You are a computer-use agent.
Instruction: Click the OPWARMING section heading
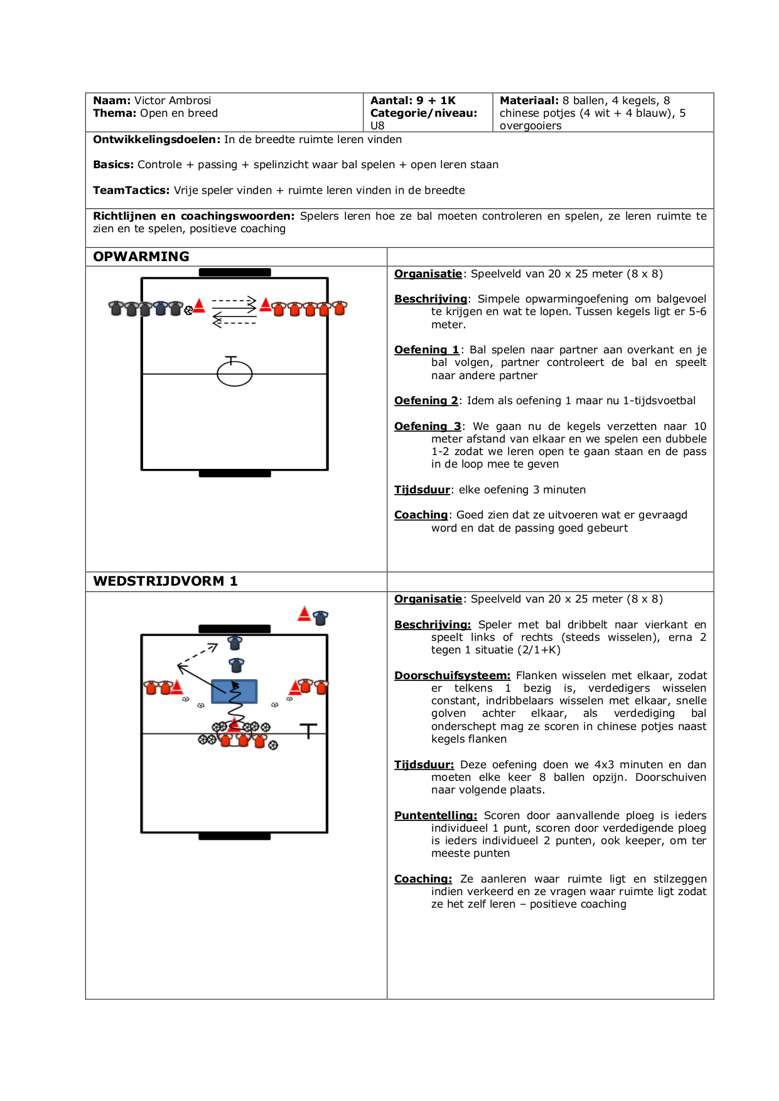click(141, 257)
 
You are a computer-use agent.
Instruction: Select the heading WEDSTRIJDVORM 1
click(165, 581)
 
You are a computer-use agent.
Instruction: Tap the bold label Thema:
click(115, 113)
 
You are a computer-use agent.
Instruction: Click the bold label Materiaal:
click(529, 100)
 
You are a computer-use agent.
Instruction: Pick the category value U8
click(377, 126)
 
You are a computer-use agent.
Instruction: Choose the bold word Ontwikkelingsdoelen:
click(157, 139)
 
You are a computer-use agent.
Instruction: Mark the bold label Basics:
click(114, 164)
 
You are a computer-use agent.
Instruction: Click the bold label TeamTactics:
click(131, 190)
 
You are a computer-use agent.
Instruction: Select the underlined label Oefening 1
click(427, 350)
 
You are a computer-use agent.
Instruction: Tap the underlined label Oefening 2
click(426, 400)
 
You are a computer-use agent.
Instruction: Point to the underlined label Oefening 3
click(427, 426)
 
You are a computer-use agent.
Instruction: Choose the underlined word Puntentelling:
click(436, 815)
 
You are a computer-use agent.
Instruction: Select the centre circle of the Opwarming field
click(235, 374)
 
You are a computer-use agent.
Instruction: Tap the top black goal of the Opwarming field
click(235, 272)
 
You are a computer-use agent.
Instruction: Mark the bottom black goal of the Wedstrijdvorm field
click(234, 836)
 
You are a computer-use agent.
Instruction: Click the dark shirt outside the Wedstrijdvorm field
click(321, 618)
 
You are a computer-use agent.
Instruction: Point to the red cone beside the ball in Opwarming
click(199, 306)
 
